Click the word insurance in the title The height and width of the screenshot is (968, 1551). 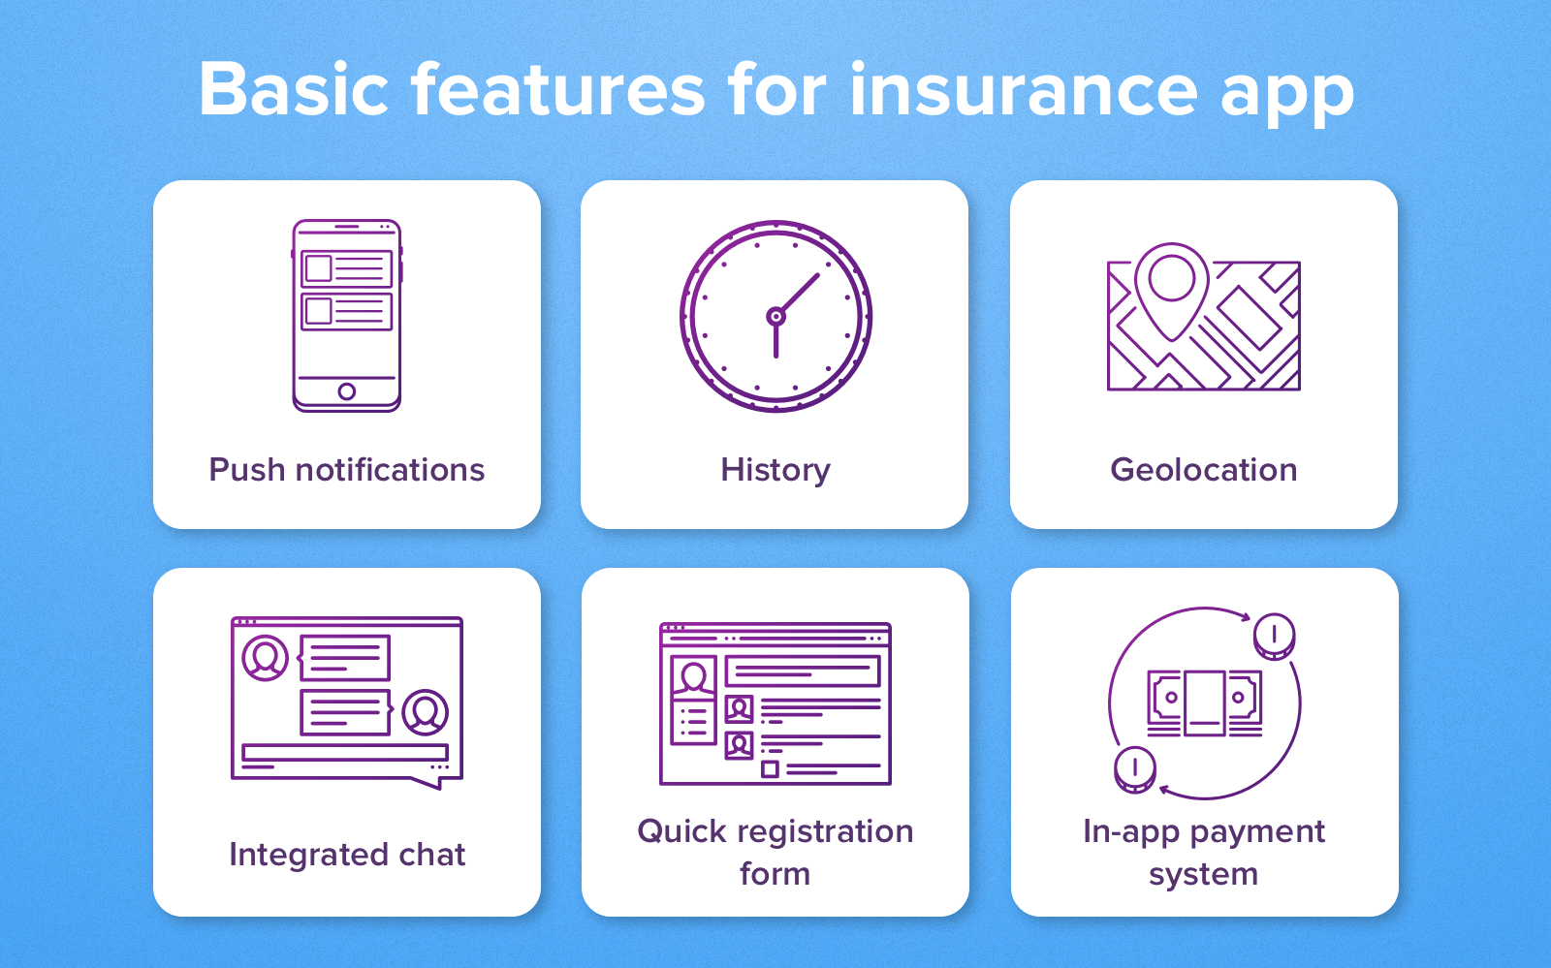(x=1024, y=90)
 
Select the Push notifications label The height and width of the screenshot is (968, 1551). (x=346, y=470)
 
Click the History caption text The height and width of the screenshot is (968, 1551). (x=775, y=470)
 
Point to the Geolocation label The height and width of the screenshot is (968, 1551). (x=1203, y=470)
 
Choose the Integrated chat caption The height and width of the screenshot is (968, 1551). (x=347, y=855)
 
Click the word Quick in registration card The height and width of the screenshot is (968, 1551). (x=681, y=831)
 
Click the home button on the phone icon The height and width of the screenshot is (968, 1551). (x=347, y=391)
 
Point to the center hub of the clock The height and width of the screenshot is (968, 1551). (x=775, y=316)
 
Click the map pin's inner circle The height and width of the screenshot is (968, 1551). (x=1172, y=277)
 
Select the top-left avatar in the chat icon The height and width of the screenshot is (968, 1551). (x=265, y=658)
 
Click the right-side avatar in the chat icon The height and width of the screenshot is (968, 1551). (x=425, y=712)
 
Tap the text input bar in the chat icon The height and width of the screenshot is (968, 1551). (x=345, y=752)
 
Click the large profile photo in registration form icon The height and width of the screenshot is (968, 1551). (x=693, y=677)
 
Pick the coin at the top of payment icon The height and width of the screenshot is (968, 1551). (x=1274, y=637)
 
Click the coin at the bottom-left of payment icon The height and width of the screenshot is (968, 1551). (x=1134, y=769)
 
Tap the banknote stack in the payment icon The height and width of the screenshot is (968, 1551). (x=1205, y=702)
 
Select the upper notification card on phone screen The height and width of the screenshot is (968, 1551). (x=347, y=268)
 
